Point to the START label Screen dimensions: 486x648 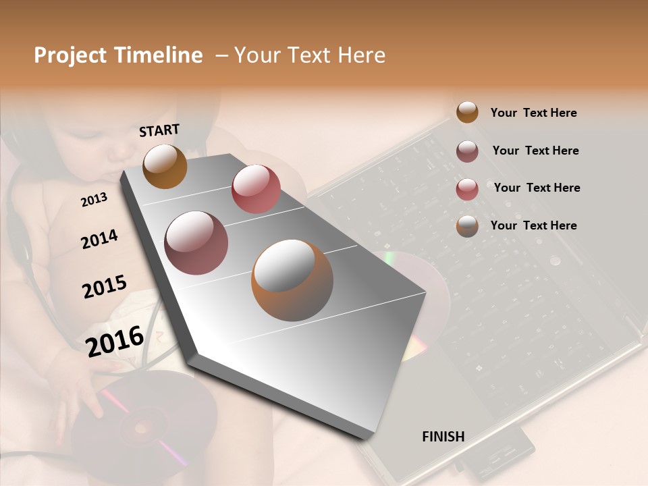click(x=159, y=130)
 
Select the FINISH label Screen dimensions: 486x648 click(x=443, y=437)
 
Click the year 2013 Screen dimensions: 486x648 click(x=94, y=199)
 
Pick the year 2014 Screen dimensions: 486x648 click(x=99, y=239)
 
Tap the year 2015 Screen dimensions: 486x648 click(x=105, y=287)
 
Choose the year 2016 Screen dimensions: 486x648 click(x=115, y=341)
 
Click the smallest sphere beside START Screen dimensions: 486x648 click(x=165, y=166)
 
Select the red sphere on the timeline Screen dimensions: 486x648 click(x=256, y=189)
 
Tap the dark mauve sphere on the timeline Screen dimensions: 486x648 click(x=196, y=243)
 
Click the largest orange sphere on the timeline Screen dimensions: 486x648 click(x=292, y=280)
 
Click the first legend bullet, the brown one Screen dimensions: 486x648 click(x=467, y=113)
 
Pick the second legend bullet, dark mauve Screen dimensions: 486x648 click(x=467, y=151)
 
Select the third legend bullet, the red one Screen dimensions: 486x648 click(x=467, y=189)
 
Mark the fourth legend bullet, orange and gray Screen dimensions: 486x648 click(x=467, y=226)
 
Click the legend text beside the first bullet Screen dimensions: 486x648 click(x=533, y=113)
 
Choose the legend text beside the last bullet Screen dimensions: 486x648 click(x=533, y=225)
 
